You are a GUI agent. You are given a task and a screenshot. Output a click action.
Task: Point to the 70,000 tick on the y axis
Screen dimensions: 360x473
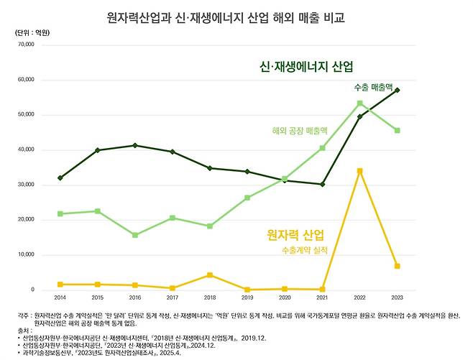point(25,45)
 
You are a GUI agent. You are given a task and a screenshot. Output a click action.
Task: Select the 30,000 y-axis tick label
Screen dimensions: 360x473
point(25,185)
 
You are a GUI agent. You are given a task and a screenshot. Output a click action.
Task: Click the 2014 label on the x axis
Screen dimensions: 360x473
point(60,296)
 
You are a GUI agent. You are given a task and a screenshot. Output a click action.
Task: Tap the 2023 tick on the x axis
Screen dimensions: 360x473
point(397,296)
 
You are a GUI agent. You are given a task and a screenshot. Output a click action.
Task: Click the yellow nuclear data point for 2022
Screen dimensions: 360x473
point(359,171)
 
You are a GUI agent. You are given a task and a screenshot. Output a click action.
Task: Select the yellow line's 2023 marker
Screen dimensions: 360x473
point(397,266)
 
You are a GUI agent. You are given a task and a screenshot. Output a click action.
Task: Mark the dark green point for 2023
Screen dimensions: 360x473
point(397,91)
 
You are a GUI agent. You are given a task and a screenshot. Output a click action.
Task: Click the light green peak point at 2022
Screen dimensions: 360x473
point(359,103)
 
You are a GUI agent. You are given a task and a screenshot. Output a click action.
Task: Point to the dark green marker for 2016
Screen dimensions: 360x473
point(134,146)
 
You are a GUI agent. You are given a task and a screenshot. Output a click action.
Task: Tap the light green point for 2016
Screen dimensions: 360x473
point(134,235)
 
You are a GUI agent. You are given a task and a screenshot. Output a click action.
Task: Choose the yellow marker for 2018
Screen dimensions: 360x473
point(209,275)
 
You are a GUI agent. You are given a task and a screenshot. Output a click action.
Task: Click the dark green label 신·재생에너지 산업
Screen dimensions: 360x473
point(307,66)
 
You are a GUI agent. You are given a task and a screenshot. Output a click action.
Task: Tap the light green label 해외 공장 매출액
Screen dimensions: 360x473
point(300,131)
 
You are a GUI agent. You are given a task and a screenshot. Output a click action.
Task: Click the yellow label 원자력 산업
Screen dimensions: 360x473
point(295,235)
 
